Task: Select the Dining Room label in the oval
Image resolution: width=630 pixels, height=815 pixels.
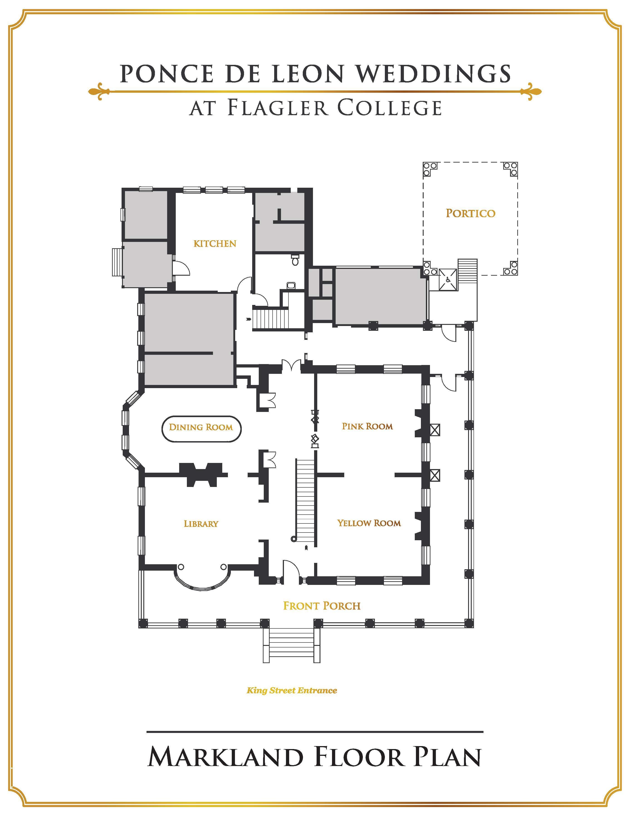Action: [201, 427]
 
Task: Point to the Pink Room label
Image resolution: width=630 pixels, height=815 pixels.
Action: [367, 426]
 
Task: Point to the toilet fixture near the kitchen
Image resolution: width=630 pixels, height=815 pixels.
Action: [295, 260]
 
